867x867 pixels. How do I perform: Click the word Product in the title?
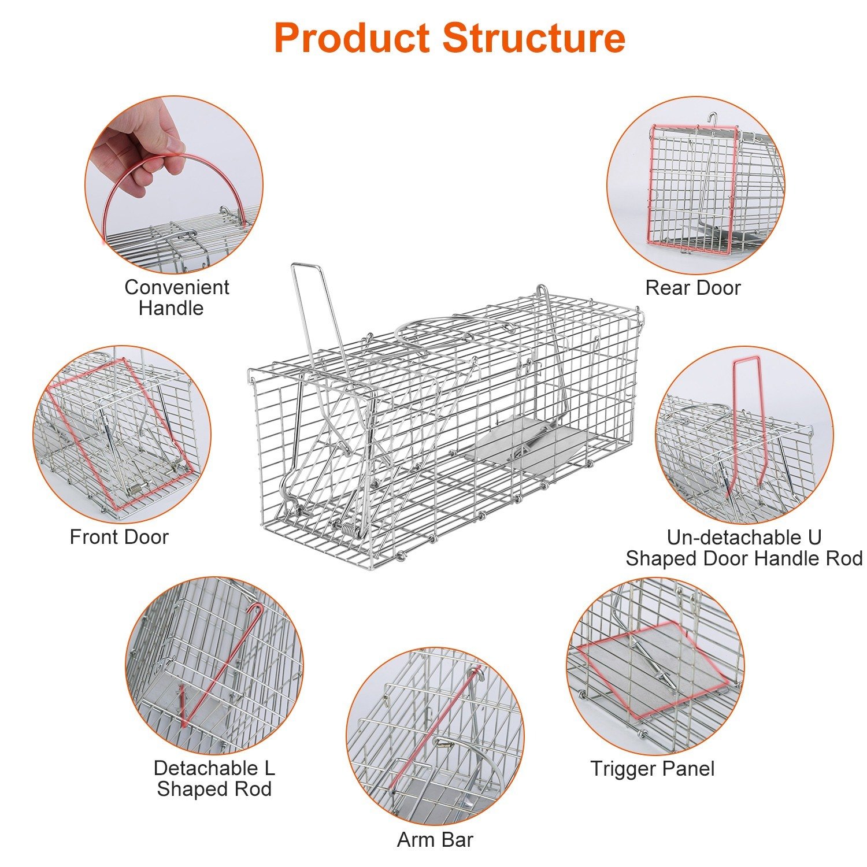[x=353, y=38]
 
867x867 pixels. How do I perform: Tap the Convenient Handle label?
[x=176, y=297]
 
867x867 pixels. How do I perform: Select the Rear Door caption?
[x=692, y=287]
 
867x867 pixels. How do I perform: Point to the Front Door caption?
[x=118, y=537]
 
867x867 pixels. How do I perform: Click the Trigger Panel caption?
[x=652, y=769]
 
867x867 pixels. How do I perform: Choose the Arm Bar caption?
[x=435, y=840]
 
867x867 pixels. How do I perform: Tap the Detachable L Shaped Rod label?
[x=214, y=779]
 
